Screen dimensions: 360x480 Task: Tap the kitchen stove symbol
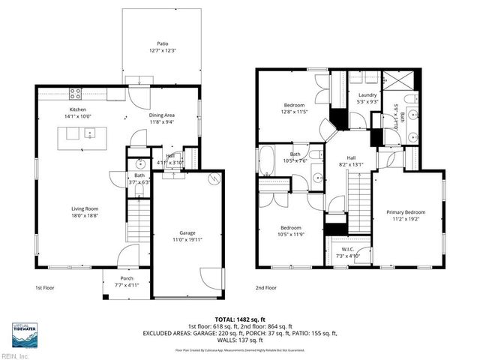pyautogui.click(x=76, y=94)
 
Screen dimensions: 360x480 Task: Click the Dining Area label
pyautogui.click(x=163, y=115)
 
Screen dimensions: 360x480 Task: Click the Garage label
pyautogui.click(x=187, y=233)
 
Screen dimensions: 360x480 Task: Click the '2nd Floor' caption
pyautogui.click(x=265, y=287)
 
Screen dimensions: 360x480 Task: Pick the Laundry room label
pyautogui.click(x=367, y=95)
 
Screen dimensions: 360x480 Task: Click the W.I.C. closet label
pyautogui.click(x=346, y=250)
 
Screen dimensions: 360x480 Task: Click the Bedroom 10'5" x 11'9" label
pyautogui.click(x=290, y=228)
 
